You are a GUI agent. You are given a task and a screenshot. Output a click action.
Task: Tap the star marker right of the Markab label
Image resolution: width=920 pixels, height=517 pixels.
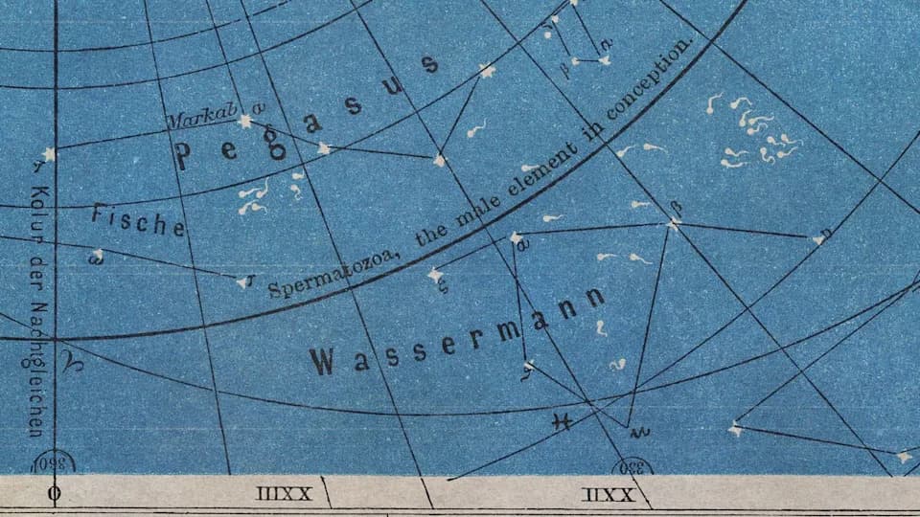(245, 122)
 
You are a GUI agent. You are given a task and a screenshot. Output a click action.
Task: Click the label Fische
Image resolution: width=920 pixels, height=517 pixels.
(139, 221)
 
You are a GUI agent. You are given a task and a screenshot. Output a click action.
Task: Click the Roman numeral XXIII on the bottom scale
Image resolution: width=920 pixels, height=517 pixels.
(285, 494)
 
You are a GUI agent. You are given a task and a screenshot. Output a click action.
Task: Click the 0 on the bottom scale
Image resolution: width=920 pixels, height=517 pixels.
(55, 495)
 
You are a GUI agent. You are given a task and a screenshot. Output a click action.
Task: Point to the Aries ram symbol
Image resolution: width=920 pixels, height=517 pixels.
(72, 362)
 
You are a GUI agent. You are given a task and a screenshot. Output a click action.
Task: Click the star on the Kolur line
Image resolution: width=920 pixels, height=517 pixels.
(49, 153)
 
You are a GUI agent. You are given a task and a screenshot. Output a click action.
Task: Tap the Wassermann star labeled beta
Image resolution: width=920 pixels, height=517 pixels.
(673, 223)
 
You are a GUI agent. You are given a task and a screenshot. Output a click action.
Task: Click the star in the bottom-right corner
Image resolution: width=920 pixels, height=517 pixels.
(902, 458)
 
